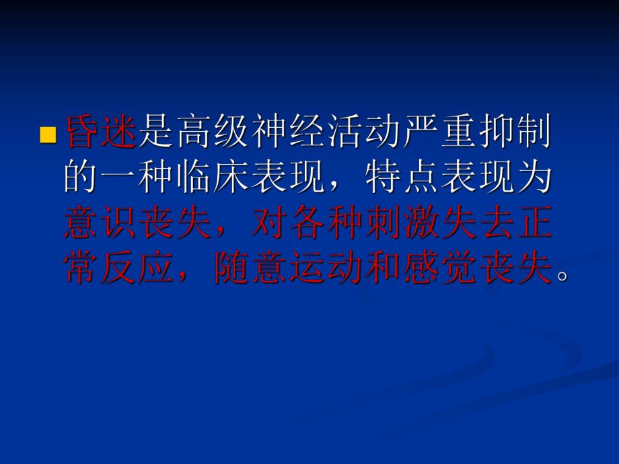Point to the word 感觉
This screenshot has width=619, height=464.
pos(439,266)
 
